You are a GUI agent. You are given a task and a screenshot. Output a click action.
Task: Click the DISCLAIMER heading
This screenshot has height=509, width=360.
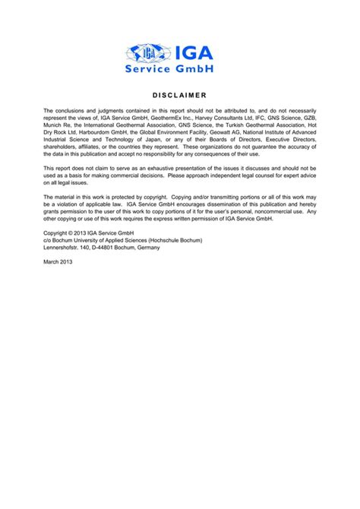coord(179,95)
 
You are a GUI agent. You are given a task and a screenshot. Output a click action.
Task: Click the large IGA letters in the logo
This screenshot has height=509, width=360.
coord(194,52)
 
